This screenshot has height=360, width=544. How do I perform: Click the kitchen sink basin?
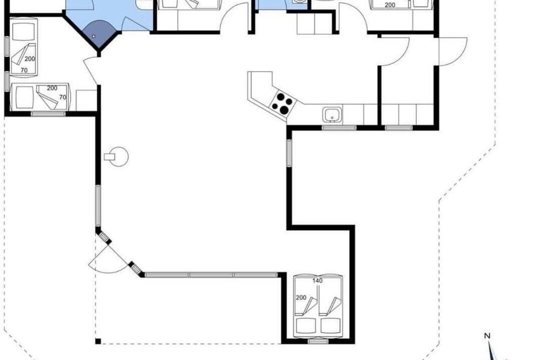click(x=332, y=114)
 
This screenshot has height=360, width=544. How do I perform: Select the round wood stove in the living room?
click(x=117, y=156)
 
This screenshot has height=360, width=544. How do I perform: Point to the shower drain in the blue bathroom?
click(x=94, y=35)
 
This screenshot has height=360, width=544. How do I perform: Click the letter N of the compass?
click(x=487, y=335)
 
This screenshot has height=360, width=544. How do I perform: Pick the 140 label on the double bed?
click(x=317, y=280)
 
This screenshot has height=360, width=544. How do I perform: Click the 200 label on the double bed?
click(x=301, y=297)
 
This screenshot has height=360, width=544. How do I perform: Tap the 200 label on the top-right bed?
click(x=390, y=5)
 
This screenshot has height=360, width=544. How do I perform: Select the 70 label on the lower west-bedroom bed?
click(x=63, y=97)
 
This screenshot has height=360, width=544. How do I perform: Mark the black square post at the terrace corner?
click(x=98, y=341)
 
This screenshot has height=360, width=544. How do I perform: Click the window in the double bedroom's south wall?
click(x=318, y=341)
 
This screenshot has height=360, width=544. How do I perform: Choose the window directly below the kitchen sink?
click(x=339, y=128)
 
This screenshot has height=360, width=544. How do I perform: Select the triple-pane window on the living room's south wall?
click(x=211, y=275)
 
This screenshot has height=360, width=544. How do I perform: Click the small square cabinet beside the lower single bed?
click(x=86, y=100)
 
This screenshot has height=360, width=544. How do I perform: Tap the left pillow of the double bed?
click(x=305, y=326)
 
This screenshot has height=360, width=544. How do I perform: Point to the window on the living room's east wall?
click(x=289, y=152)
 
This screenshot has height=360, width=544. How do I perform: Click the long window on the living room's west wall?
click(x=98, y=206)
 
